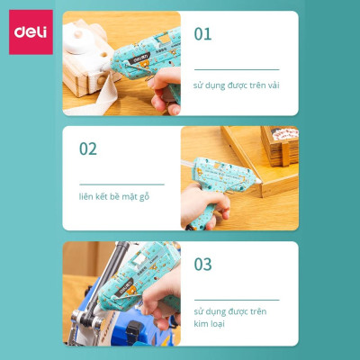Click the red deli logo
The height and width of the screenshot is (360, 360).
[30, 33]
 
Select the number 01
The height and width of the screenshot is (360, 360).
[203, 34]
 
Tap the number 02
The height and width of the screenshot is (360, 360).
[87, 148]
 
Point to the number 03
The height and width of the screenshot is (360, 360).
[203, 264]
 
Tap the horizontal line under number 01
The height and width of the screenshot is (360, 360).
[236, 69]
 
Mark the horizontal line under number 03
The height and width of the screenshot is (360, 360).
[236, 300]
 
